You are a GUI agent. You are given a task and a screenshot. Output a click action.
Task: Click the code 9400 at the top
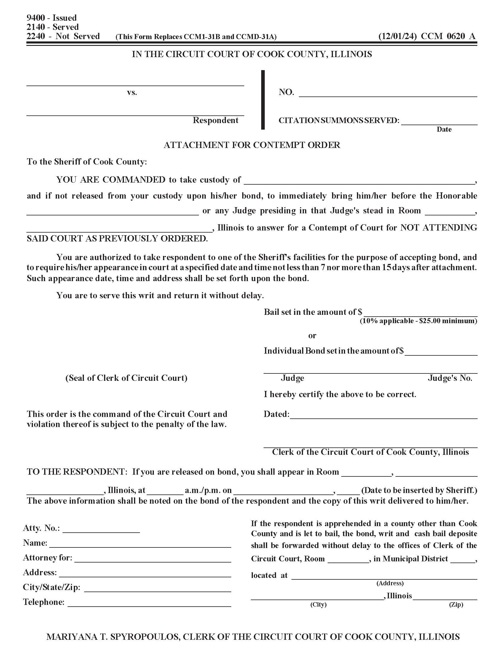(x=36, y=18)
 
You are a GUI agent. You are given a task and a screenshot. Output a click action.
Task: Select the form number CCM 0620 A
(x=448, y=36)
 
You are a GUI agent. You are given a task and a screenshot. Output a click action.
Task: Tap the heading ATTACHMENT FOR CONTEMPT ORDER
(x=252, y=145)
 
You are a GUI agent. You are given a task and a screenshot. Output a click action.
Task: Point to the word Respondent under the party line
(x=215, y=120)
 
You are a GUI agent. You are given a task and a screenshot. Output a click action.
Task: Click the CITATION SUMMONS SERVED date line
(x=439, y=122)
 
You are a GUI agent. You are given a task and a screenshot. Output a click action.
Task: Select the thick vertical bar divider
(x=263, y=99)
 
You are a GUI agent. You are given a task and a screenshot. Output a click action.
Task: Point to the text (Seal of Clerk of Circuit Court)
(x=126, y=378)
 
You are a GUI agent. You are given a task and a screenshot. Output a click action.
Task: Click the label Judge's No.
(x=450, y=378)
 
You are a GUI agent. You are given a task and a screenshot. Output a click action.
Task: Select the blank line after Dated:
(x=383, y=416)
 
